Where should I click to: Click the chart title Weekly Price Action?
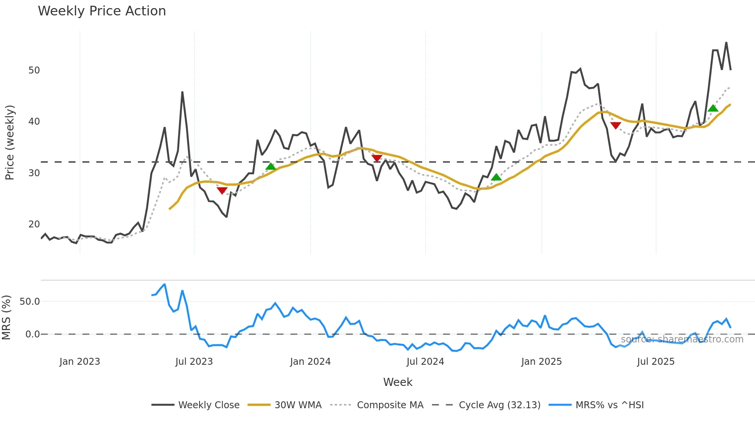coord(102,11)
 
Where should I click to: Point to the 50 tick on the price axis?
coord(34,70)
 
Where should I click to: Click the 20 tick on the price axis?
coord(34,224)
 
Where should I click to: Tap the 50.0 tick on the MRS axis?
coord(30,302)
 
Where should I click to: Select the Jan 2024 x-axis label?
coord(310,362)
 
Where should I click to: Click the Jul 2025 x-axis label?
coord(656,362)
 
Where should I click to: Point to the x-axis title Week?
coord(398,382)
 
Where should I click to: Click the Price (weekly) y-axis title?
coord(10,142)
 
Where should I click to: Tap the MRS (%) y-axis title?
coord(6,317)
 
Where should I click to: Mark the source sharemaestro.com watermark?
coord(682,339)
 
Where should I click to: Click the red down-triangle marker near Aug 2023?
coord(222,190)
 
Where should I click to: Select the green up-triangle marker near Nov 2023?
coord(271,166)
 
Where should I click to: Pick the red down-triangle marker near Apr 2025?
coord(616,125)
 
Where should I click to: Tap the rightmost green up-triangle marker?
coord(713,108)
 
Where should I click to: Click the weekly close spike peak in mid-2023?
coord(182,92)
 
